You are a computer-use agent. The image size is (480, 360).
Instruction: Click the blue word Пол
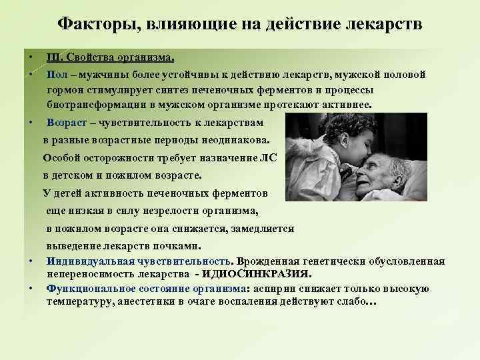pyautogui.click(x=56, y=74)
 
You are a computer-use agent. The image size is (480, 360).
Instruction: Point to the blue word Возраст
pyautogui.click(x=67, y=123)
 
